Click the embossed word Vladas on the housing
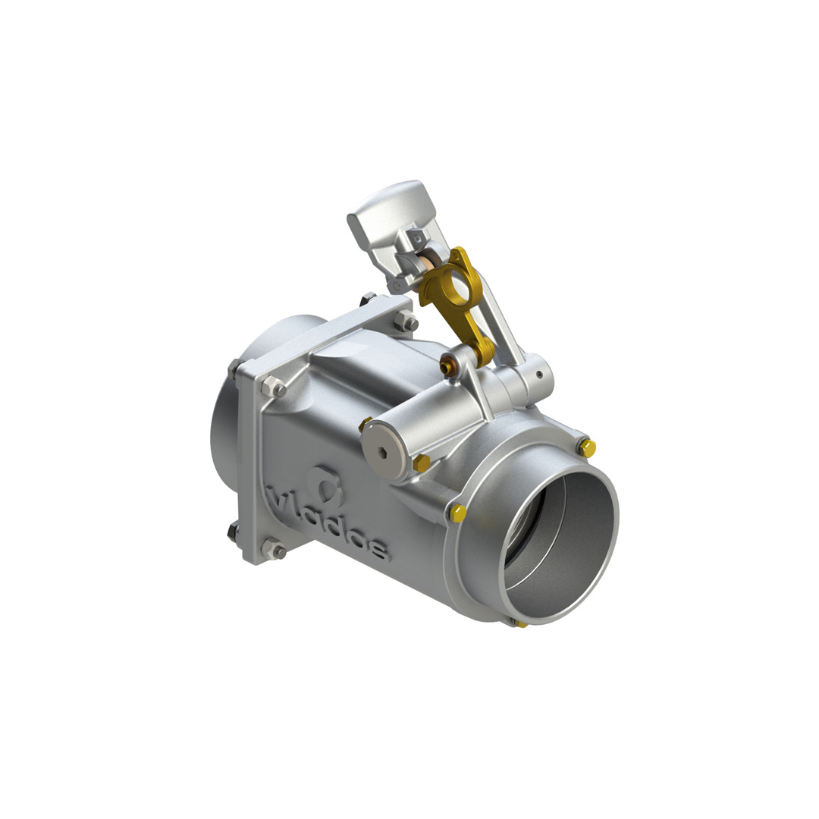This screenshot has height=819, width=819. tap(328, 523)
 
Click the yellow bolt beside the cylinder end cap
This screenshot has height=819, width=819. tap(421, 463)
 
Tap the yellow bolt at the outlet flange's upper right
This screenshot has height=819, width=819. tap(588, 447)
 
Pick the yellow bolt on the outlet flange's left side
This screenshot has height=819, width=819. tap(457, 513)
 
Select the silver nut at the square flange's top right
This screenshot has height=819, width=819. tap(406, 320)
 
